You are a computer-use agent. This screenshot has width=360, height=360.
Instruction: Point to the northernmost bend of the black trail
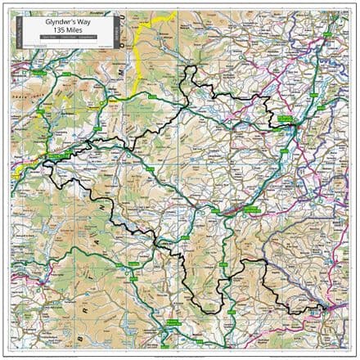click(x=191, y=68)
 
